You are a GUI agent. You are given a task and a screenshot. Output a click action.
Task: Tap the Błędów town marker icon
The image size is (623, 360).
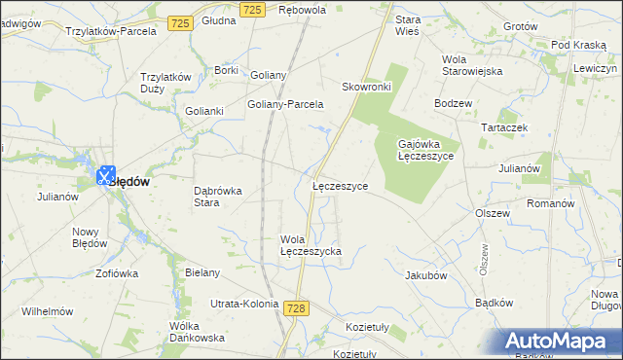tap(107, 175)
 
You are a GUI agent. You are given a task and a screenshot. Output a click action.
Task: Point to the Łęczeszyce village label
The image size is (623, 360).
tap(340, 185)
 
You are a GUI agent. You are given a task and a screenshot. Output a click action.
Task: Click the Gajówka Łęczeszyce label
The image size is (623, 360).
tap(425, 150)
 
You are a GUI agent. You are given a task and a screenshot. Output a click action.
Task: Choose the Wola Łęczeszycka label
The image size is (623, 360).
tap(311, 245)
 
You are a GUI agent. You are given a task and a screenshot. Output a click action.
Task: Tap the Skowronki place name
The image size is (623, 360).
tap(366, 87)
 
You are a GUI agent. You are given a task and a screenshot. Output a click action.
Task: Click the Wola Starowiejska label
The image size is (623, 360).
tap(471, 65)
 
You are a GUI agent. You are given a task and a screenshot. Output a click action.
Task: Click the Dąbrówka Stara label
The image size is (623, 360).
tap(219, 197)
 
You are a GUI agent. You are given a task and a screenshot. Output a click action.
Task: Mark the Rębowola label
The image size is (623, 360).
tap(302, 10)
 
